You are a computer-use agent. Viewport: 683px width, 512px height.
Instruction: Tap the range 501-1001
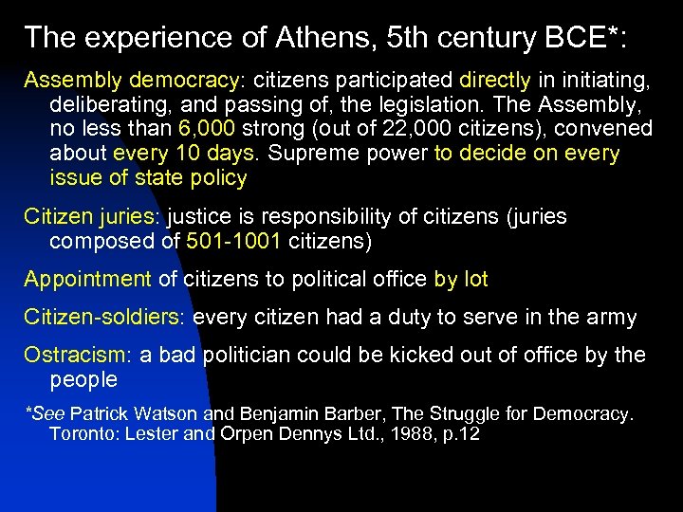pos(236,241)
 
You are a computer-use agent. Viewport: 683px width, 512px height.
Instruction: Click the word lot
pos(474,279)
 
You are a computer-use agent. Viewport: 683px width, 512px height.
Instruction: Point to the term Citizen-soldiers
pos(104,317)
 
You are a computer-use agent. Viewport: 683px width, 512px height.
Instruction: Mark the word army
pos(608,317)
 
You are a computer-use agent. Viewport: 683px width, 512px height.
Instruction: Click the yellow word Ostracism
pos(79,355)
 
